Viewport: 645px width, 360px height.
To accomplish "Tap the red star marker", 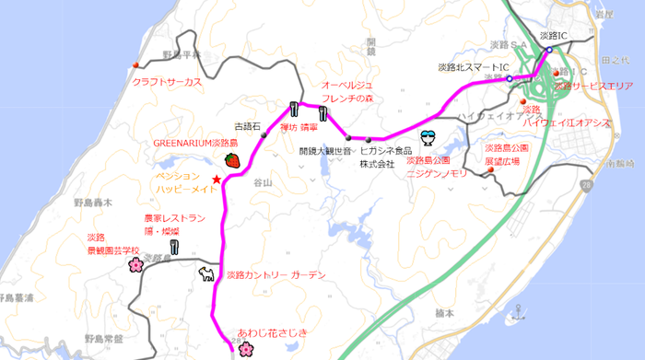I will pos(217,179).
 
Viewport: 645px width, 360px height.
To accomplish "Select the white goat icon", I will pos(207,274).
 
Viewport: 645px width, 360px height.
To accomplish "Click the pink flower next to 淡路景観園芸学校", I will pos(135,265).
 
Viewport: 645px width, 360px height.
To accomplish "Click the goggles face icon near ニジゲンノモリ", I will pos(428,138).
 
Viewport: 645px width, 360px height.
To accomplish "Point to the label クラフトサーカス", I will pos(167,82).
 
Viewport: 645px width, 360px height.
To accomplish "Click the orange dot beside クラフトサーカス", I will pos(136,64).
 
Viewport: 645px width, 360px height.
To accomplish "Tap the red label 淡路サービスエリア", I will pos(592,86).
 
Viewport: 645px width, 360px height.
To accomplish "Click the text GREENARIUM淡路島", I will pos(195,145).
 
